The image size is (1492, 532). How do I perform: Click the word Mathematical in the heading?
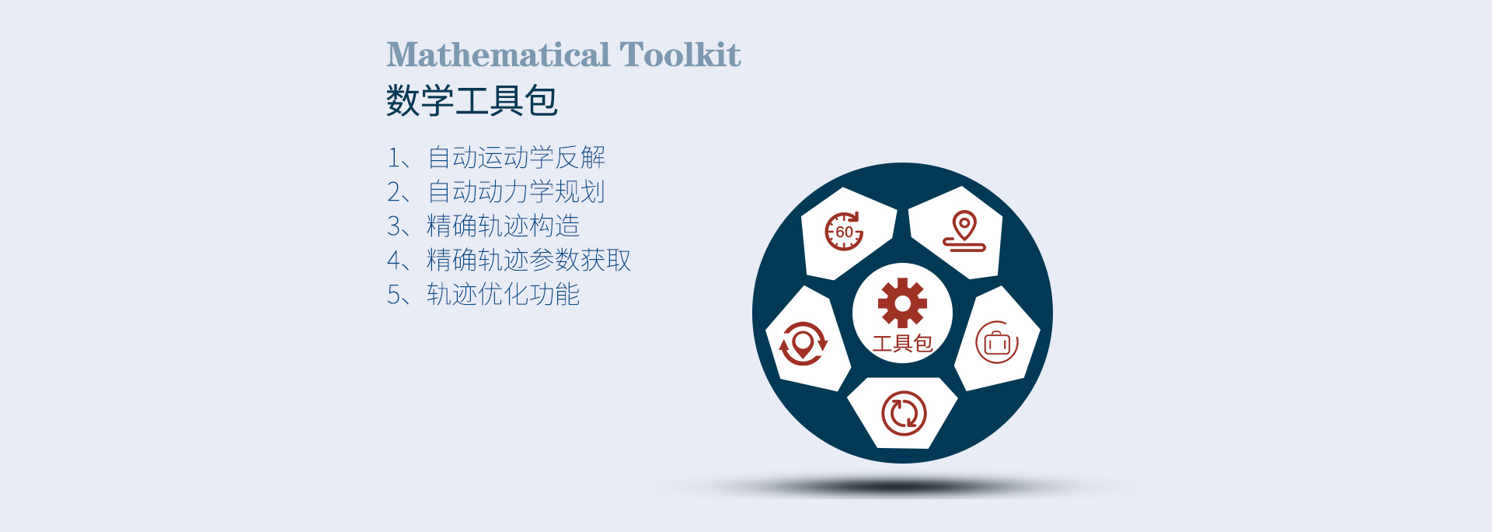click(x=499, y=54)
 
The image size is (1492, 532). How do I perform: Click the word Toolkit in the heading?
click(x=680, y=54)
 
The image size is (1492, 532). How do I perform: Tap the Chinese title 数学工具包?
click(x=472, y=100)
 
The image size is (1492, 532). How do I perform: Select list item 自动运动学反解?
click(x=516, y=157)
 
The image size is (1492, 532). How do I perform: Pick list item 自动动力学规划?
click(x=516, y=191)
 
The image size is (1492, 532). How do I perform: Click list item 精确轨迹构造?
click(x=504, y=226)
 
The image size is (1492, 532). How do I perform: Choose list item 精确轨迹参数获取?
click(x=529, y=260)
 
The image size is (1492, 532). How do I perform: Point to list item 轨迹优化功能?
click(x=504, y=294)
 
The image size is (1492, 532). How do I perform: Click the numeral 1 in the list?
click(x=394, y=158)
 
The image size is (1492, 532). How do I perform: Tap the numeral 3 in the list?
click(x=394, y=226)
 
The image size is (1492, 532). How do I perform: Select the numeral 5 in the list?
click(x=394, y=295)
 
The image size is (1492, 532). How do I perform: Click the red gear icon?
click(x=902, y=303)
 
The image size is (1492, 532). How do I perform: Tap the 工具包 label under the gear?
click(x=902, y=344)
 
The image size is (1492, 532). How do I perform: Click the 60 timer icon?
click(x=844, y=231)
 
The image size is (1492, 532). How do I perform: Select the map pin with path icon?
click(x=964, y=231)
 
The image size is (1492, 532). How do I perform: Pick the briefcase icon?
click(x=997, y=342)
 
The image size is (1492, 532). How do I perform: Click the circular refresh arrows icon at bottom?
click(x=904, y=413)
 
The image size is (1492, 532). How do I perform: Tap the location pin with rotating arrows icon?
click(x=803, y=343)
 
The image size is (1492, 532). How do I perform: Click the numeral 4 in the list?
click(x=394, y=261)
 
